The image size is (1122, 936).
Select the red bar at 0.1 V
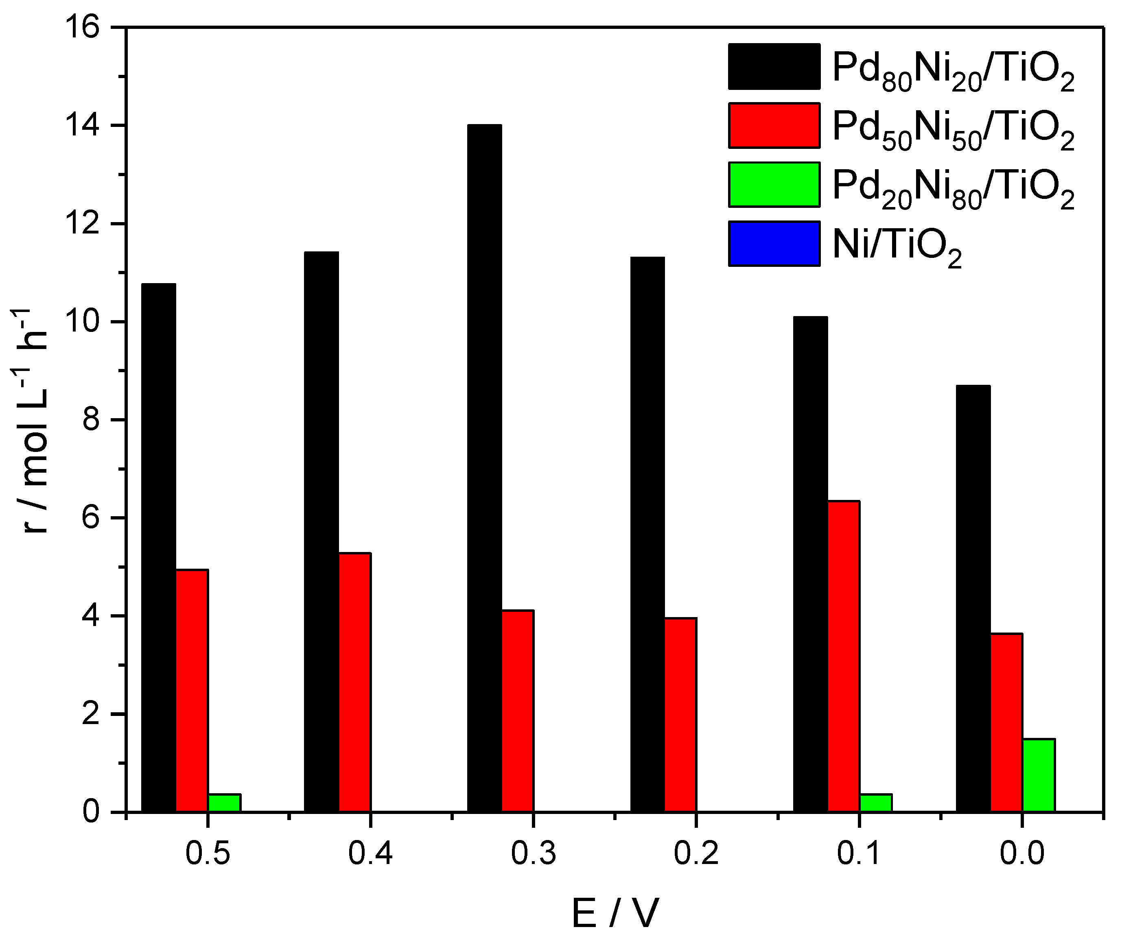[x=843, y=657]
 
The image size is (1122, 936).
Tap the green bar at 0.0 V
[x=1038, y=775]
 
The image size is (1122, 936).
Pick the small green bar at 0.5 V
[x=224, y=803]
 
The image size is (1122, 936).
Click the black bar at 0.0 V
[x=973, y=598]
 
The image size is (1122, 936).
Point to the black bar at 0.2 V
[x=647, y=535]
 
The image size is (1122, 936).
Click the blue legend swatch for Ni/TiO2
[x=774, y=244]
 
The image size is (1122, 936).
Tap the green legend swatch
[x=774, y=184]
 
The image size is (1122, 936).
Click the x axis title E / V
[x=615, y=914]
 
